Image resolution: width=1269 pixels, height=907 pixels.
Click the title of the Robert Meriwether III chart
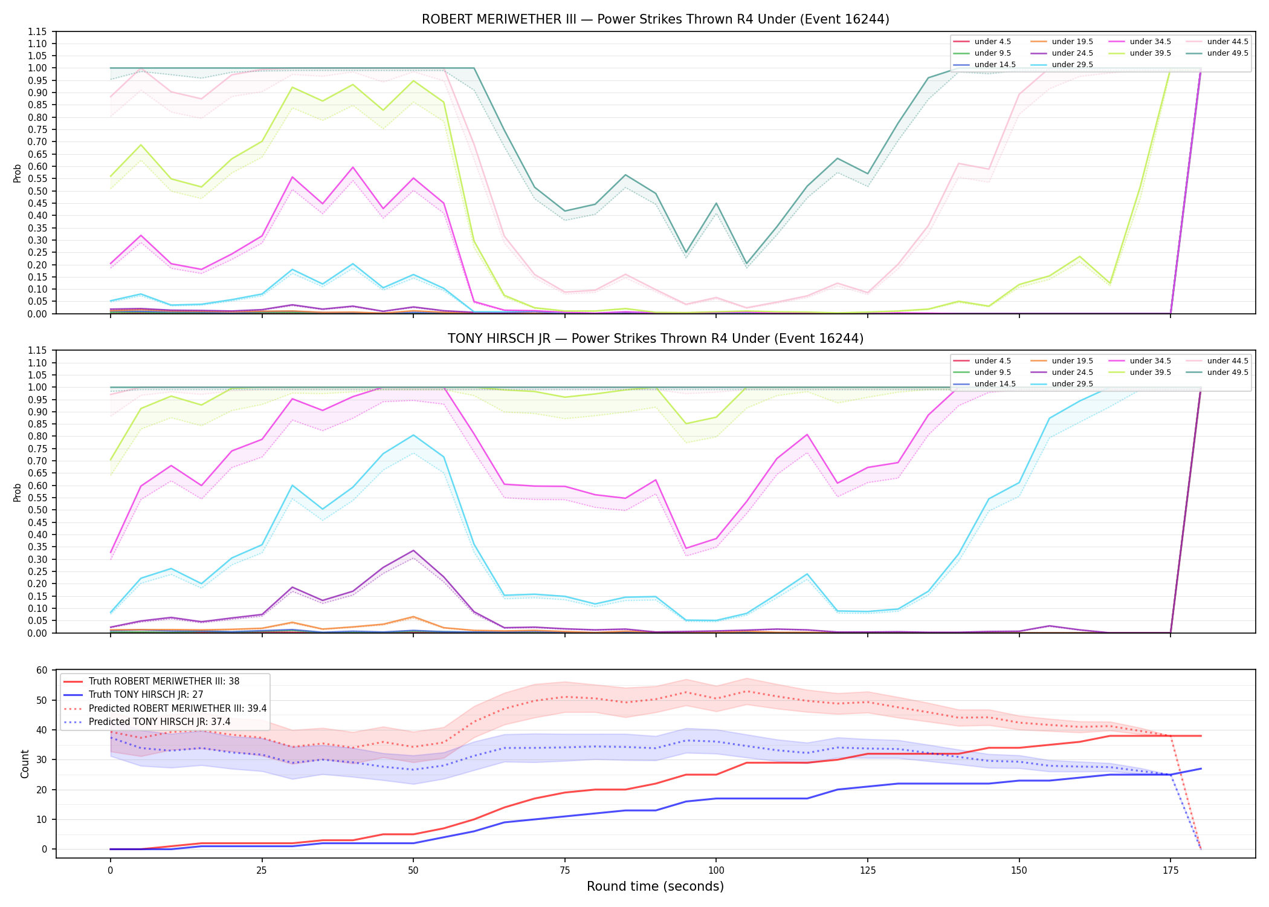[x=655, y=19]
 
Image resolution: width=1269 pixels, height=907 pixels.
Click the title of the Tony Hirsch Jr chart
[x=655, y=339]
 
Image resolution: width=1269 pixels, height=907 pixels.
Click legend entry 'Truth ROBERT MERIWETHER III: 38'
[x=152, y=681]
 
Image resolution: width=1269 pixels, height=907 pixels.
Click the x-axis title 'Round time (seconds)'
[x=655, y=886]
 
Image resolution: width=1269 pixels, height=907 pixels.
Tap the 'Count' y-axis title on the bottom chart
[x=25, y=764]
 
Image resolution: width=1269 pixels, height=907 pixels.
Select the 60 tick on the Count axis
[x=42, y=670]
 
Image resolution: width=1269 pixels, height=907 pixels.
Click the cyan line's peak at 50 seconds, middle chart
[x=413, y=435]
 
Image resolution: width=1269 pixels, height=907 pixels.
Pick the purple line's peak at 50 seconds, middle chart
[x=413, y=550]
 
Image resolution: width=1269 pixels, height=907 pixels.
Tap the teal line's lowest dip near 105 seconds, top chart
[x=746, y=264]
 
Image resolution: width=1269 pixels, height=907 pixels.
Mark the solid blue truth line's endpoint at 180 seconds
[x=1201, y=769]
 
